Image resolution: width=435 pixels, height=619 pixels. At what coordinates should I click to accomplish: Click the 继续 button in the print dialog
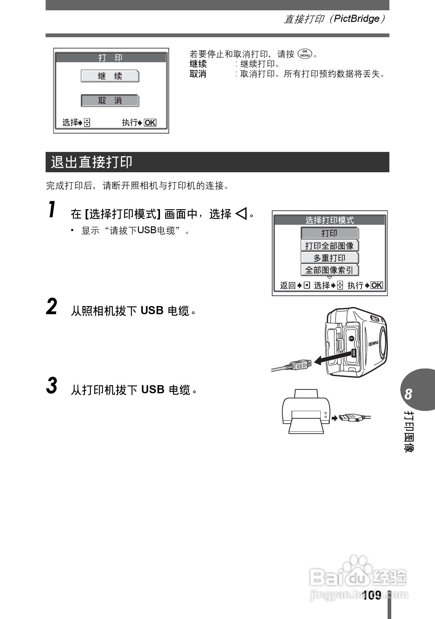pos(110,76)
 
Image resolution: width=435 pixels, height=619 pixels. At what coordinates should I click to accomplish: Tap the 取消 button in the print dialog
pos(110,101)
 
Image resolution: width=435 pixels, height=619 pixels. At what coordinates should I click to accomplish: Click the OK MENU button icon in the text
pos(305,54)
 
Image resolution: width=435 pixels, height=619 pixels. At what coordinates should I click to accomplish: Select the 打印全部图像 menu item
pos(329,246)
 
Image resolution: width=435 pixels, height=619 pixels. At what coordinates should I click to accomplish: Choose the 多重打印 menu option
pos(329,258)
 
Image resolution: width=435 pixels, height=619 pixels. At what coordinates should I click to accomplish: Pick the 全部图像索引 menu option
pos(329,270)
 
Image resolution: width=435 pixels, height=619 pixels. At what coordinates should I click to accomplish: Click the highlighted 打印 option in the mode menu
pos(329,233)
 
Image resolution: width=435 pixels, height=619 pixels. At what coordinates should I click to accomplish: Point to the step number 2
pos(52,307)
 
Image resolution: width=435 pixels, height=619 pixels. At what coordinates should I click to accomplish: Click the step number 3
pos(52,386)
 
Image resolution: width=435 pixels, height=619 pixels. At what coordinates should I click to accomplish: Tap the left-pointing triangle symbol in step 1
pos(241,214)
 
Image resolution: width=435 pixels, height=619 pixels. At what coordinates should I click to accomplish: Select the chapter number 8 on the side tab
pos(408,394)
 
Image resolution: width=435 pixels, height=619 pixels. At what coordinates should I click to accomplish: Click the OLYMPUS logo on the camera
pos(373,343)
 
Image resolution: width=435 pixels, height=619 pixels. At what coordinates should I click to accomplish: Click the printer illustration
pos(306,412)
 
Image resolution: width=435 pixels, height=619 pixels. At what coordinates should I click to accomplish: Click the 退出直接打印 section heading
pos(92,162)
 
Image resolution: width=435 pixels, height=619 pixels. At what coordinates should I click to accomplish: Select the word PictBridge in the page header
pos(357,19)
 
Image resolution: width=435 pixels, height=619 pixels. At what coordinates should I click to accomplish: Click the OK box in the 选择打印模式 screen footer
pos(377,285)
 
